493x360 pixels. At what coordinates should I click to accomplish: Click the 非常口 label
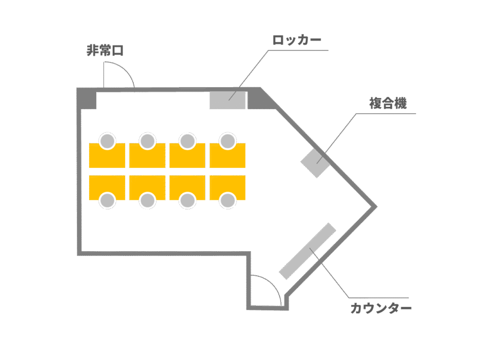pos(105,51)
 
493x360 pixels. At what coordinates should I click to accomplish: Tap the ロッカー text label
pos(297,40)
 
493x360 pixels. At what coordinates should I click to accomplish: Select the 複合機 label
pos(388,103)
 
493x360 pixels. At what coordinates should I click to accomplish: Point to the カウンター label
pos(381,308)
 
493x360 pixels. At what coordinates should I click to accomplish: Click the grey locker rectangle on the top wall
pos(227,100)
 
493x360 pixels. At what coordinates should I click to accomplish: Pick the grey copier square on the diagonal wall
pos(315,163)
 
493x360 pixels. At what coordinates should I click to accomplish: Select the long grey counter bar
pos(308,251)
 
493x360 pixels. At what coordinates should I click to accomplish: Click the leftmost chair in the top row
pos(107,141)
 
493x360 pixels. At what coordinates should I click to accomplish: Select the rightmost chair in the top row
pos(228,141)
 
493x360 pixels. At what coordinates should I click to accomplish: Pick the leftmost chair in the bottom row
pos(107,200)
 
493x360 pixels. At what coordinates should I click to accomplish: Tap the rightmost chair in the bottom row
pos(228,200)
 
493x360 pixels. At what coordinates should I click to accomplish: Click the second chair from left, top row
pos(147,141)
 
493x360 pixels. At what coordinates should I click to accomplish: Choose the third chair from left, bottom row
pos(188,200)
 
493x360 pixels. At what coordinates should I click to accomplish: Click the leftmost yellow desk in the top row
pos(107,157)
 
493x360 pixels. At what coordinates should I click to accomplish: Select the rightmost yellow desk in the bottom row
pos(228,185)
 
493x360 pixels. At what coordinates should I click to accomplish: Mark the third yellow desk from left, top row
pos(187,157)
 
